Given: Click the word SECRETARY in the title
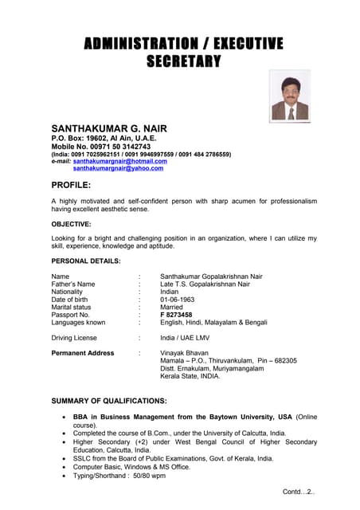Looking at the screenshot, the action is (x=184, y=61).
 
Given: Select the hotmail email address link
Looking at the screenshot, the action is (x=119, y=161).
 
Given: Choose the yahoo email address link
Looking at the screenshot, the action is (x=118, y=168).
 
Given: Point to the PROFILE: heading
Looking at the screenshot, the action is (x=76, y=186).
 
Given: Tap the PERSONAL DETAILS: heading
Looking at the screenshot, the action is (x=86, y=261).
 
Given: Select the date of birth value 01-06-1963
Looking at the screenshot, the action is (x=179, y=299).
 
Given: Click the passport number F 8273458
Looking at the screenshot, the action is (x=176, y=315).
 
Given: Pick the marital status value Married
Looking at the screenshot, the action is (x=171, y=307).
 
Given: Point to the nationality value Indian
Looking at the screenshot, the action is (x=170, y=291).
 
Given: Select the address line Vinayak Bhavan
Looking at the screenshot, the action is (x=184, y=352).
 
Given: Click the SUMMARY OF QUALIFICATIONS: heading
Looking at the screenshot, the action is (x=109, y=400).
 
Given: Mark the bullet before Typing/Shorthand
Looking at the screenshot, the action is (x=63, y=476).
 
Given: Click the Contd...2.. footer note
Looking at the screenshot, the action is (x=299, y=492).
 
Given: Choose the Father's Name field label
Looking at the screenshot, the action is (x=73, y=284).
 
